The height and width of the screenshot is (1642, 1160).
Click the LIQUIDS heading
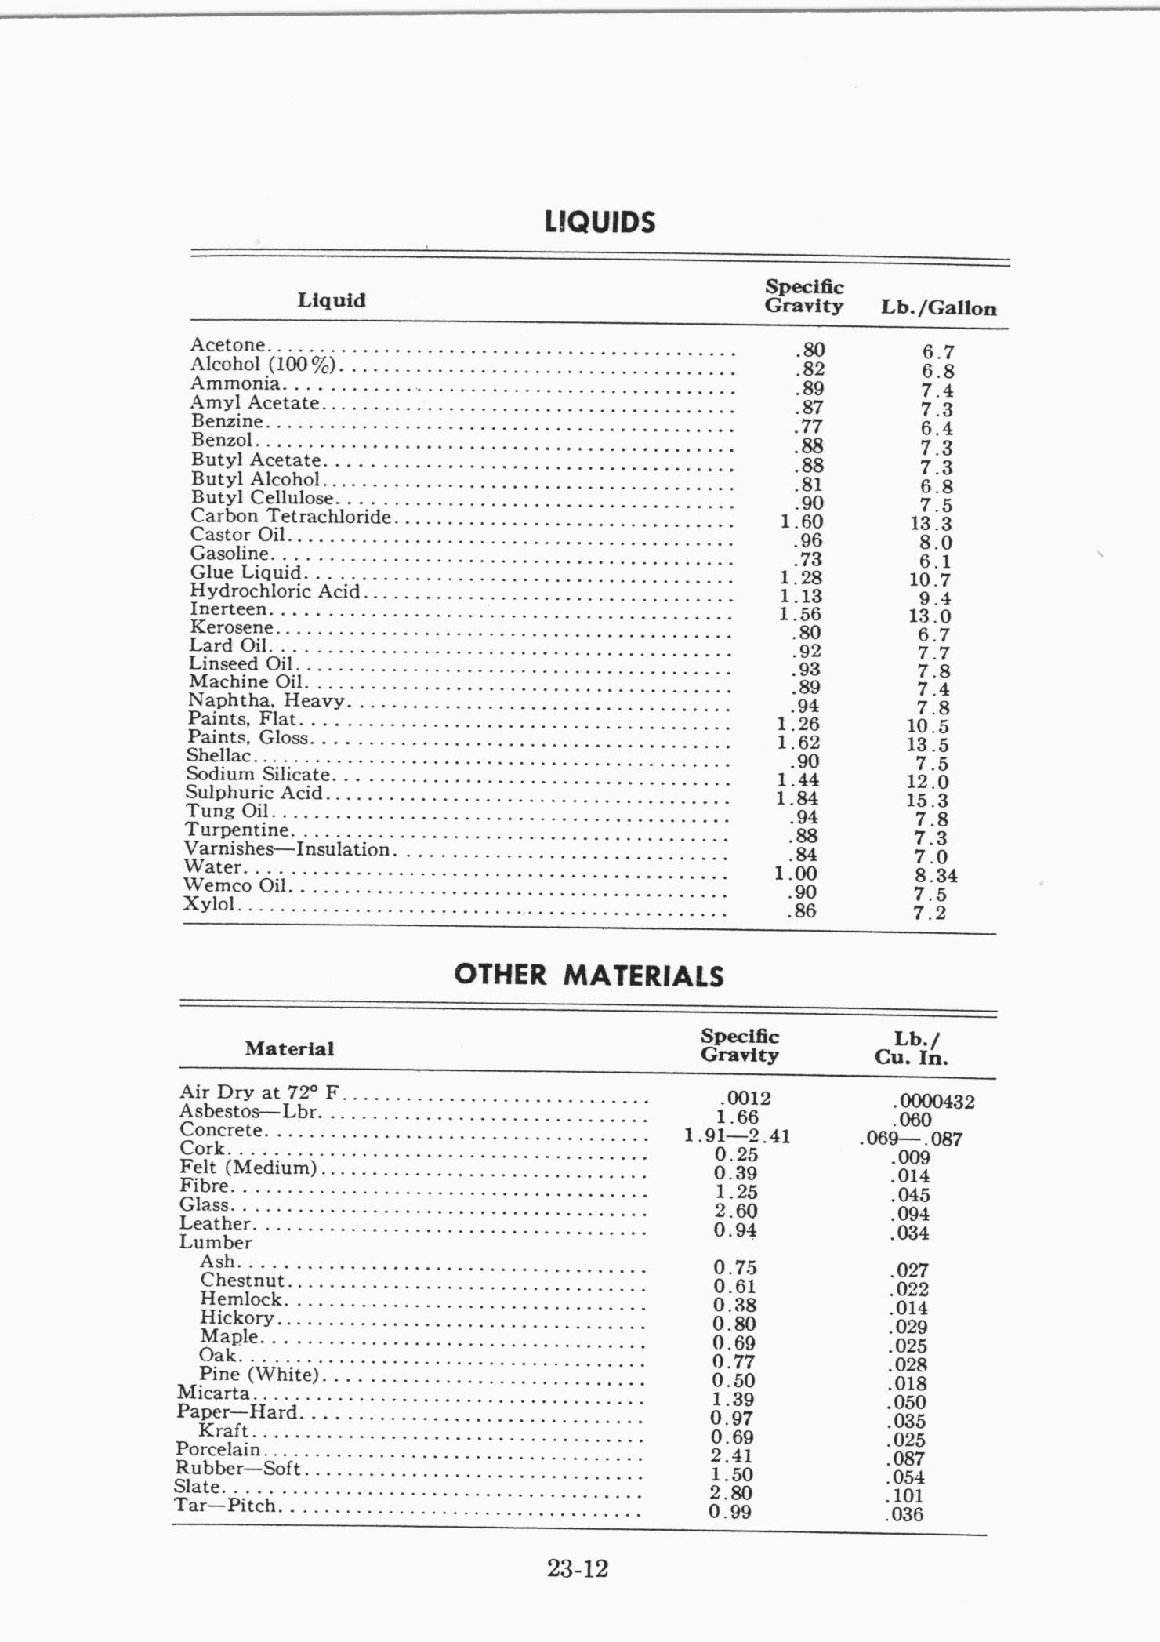600,222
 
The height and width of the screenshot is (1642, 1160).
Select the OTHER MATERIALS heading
589,975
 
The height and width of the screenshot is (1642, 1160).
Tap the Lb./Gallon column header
938,307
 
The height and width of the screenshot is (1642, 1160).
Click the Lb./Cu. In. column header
911,1048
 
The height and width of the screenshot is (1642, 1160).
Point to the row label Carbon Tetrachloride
291,516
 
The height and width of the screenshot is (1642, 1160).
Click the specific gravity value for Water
796,873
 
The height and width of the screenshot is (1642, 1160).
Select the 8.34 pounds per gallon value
936,875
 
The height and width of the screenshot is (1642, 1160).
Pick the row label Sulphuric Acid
254,792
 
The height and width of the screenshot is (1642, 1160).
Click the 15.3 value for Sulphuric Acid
927,801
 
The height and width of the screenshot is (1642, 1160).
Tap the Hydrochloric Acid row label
275,590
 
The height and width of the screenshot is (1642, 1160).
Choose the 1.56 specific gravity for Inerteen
799,614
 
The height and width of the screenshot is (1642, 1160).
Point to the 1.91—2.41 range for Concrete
737,1135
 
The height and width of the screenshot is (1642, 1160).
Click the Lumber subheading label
216,1242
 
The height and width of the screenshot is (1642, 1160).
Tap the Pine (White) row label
259,1374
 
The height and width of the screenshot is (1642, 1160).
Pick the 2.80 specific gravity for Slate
730,1493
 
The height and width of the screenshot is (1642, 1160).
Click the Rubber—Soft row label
237,1468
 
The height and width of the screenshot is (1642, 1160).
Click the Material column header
289,1048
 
